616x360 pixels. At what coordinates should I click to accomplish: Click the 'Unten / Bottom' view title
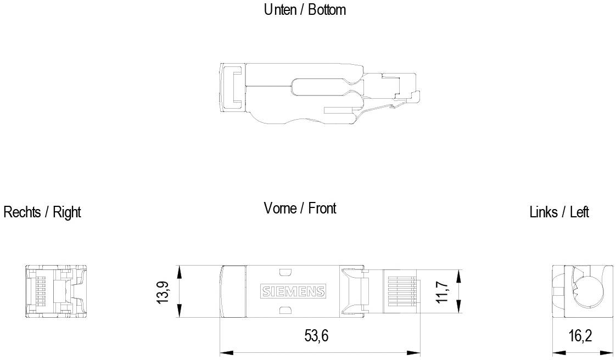coord(305,9)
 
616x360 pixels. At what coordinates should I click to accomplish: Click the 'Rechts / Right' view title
coord(42,212)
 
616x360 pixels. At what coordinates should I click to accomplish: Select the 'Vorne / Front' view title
coord(300,209)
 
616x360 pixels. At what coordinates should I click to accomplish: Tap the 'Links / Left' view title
coord(559,212)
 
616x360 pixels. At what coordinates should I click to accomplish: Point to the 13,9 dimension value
coord(163,291)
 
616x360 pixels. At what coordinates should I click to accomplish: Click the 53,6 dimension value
coord(316,336)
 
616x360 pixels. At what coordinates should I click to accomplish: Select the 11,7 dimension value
coord(444,291)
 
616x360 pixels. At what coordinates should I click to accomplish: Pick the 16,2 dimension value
coord(580,336)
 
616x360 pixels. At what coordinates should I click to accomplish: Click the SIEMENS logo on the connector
coord(293,291)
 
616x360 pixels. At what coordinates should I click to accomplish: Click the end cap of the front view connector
coord(233,291)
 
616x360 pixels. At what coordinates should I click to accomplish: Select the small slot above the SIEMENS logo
coord(284,273)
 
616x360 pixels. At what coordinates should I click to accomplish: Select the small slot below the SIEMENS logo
coord(284,310)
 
